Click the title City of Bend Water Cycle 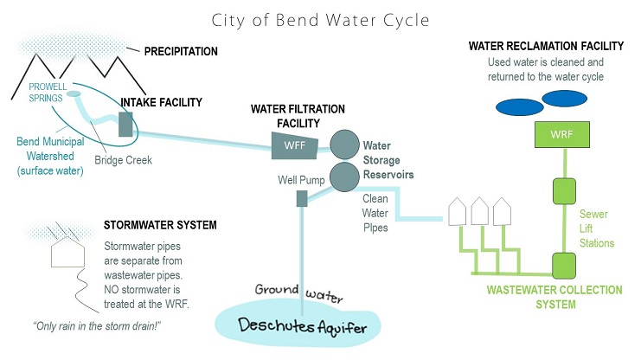point(319,18)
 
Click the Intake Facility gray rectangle point(126,124)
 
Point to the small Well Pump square point(303,199)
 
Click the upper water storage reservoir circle point(343,143)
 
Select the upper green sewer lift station point(564,190)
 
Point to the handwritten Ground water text point(300,294)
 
